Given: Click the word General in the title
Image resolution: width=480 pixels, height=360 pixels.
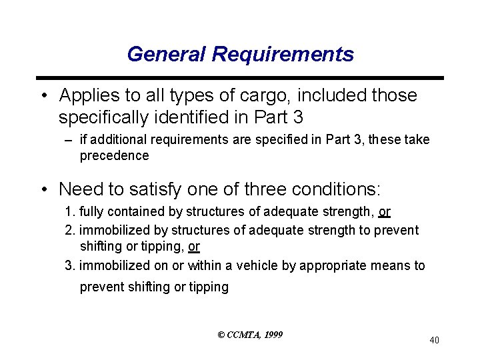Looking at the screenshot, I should pos(167,54).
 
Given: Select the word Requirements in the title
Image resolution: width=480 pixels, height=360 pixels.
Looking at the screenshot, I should pos(283,54).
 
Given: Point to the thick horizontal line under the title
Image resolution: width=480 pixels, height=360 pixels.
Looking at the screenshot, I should pos(240,78).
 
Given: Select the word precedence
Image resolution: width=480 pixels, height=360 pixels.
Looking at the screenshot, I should pos(114,155).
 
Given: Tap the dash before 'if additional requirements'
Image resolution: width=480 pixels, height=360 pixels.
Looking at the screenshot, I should pos(70,140).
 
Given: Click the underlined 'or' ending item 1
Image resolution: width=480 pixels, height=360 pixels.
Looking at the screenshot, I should pos(384,212).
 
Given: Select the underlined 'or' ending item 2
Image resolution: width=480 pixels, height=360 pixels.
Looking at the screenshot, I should pos(194,247).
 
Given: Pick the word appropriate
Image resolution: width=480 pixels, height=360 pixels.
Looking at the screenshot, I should pos(332,265).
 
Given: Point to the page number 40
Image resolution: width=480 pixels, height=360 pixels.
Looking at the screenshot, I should pos(434,341).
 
